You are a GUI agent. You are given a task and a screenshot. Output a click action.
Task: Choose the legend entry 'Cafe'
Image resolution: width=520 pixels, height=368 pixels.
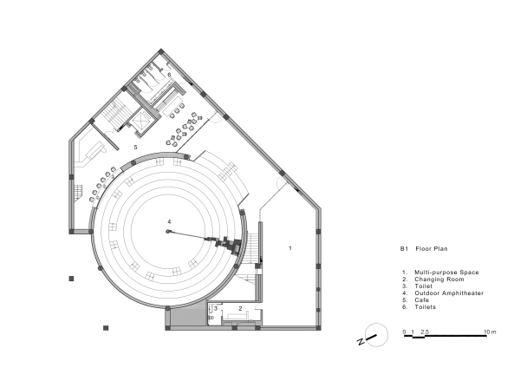(423, 300)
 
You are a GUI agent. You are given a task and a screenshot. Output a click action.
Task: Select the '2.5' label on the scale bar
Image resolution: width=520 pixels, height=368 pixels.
(425, 332)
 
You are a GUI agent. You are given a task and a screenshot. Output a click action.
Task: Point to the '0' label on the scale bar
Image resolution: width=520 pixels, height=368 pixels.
(405, 332)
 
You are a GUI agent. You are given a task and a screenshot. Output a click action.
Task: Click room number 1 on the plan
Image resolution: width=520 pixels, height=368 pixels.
(289, 247)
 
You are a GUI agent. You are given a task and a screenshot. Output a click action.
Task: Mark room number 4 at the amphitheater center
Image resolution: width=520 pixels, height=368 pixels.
(169, 223)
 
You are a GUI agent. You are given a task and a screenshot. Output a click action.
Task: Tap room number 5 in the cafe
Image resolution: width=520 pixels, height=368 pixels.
(135, 148)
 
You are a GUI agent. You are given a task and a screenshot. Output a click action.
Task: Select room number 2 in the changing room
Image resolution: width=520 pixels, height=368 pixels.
(240, 308)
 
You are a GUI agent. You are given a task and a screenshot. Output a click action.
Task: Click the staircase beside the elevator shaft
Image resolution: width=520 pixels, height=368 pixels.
(113, 115)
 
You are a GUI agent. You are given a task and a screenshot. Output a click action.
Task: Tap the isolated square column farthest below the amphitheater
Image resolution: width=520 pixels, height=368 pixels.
(105, 328)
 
